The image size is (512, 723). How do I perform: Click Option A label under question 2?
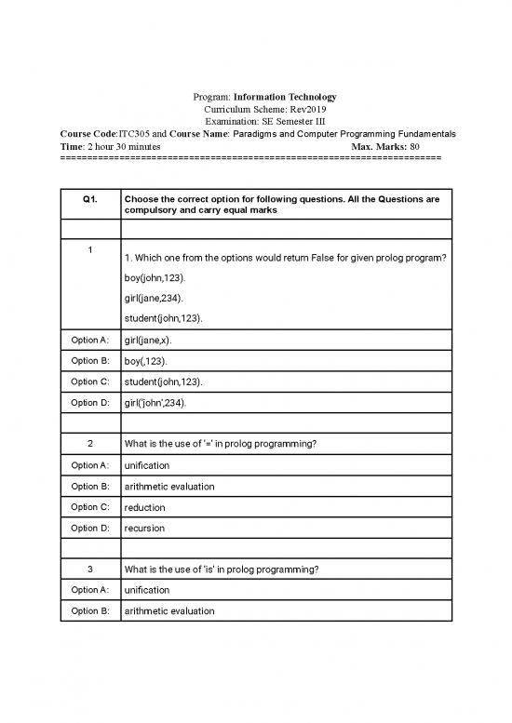tap(90, 464)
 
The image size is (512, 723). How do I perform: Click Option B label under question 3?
tap(90, 611)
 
